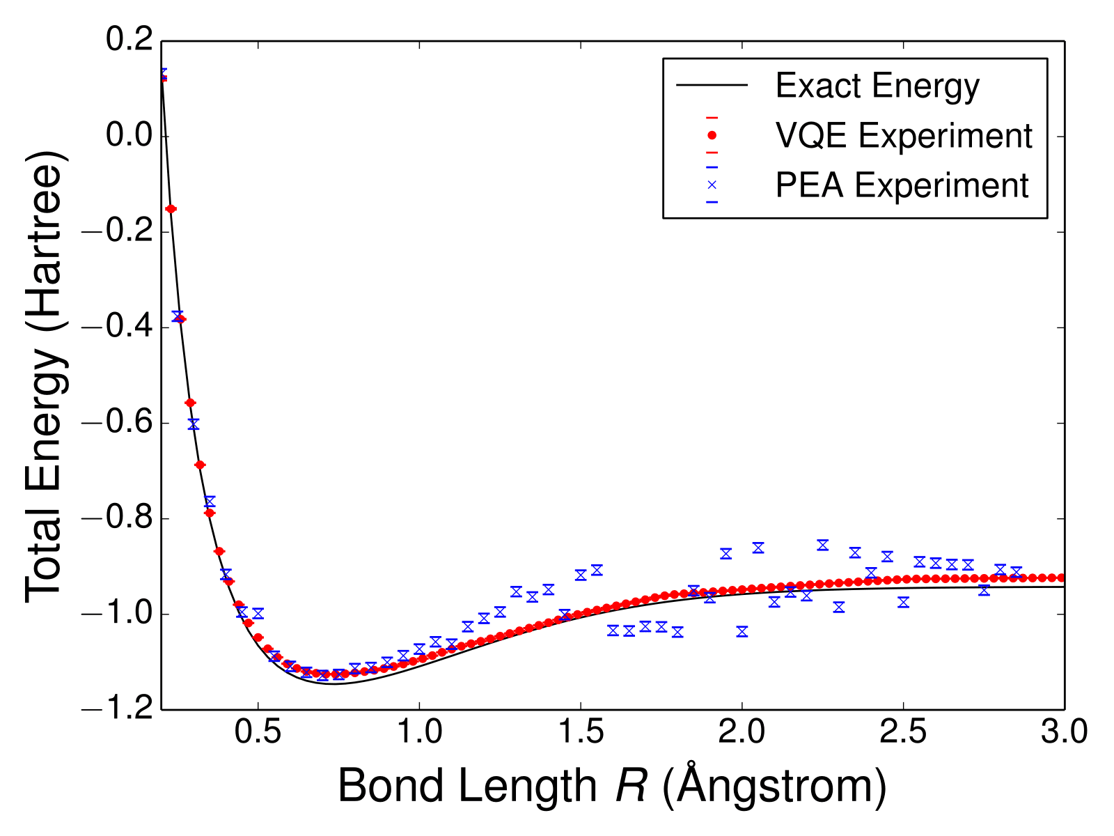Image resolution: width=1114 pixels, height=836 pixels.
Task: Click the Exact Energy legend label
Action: [877, 86]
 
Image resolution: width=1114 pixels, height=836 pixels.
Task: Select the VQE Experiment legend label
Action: [903, 135]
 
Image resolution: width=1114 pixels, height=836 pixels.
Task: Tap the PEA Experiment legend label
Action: [902, 185]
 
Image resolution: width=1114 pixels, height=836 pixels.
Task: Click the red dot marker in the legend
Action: [712, 135]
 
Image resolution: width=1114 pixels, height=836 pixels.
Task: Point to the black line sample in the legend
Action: [712, 86]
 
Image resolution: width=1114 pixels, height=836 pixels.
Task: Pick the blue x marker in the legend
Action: [712, 185]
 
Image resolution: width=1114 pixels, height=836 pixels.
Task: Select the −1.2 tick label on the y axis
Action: [116, 710]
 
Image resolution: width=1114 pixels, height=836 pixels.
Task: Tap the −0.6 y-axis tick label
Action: [116, 423]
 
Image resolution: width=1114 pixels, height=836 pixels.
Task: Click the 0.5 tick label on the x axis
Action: [258, 734]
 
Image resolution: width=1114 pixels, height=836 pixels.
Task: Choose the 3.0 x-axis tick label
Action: [1064, 734]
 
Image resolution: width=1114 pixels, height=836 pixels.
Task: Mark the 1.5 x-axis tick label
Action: [581, 734]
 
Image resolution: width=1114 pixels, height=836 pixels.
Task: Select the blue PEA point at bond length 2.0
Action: [742, 632]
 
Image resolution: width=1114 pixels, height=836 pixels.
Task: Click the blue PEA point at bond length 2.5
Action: [903, 602]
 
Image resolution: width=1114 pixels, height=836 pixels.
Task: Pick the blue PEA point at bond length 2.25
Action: [823, 545]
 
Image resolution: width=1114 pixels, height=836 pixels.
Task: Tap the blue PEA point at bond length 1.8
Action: [677, 632]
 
